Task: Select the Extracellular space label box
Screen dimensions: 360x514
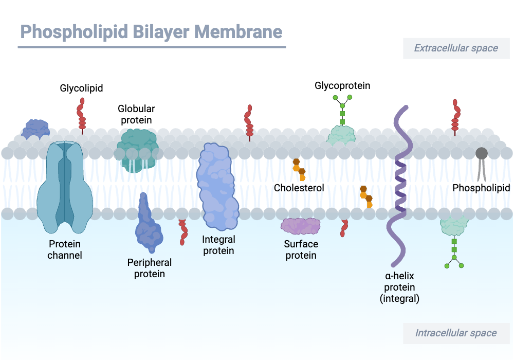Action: (456, 48)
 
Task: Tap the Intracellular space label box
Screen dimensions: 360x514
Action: (456, 333)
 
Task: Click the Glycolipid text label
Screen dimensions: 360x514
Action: (81, 88)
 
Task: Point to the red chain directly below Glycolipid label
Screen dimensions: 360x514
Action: (81, 116)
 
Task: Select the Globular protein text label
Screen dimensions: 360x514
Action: (136, 114)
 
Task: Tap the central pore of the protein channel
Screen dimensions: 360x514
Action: (65, 185)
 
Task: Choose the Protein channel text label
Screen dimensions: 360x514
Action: (65, 249)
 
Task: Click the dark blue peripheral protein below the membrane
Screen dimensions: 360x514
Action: (148, 226)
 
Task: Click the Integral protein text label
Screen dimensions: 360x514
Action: (218, 245)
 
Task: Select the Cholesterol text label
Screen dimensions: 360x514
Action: (299, 188)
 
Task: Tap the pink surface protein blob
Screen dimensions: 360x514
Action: (301, 226)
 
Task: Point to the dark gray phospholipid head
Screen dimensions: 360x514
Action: (482, 153)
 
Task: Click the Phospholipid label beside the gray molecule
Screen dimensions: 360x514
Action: (481, 188)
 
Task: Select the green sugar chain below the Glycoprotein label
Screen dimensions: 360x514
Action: (342, 109)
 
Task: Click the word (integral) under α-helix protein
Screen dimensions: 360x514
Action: (399, 298)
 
